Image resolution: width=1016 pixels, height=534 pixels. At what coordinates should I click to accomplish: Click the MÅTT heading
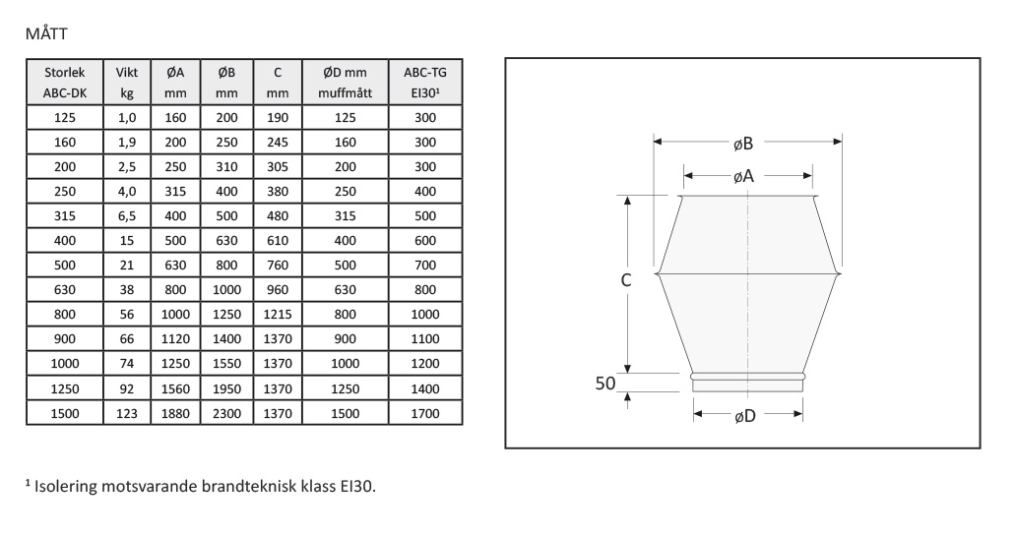[46, 33]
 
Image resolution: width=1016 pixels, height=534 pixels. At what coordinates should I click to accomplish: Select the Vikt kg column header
[127, 83]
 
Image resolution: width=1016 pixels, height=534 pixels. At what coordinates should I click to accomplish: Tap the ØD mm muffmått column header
[346, 83]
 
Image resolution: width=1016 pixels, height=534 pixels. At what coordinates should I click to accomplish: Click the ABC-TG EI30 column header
[425, 83]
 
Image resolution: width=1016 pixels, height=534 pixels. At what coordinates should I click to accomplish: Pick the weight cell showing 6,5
[127, 215]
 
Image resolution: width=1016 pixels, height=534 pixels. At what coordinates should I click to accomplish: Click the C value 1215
[278, 314]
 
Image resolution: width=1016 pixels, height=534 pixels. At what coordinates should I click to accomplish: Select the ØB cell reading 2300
[226, 413]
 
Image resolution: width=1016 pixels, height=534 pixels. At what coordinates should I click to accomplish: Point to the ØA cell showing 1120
[175, 338]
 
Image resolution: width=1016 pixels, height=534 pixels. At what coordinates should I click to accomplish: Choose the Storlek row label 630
[65, 289]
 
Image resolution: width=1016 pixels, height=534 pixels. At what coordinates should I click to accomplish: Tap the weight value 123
[127, 413]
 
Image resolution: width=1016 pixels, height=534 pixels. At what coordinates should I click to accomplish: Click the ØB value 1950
[226, 388]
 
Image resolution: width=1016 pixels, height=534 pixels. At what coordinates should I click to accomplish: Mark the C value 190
[278, 117]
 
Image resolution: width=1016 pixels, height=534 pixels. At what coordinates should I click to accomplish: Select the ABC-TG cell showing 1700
[425, 413]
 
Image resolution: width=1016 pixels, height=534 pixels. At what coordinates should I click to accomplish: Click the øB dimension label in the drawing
[743, 144]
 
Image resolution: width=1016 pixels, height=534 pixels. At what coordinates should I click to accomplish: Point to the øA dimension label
[744, 176]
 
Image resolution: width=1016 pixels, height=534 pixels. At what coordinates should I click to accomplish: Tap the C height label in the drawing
[626, 280]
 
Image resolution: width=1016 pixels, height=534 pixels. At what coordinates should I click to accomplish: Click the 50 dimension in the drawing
[605, 384]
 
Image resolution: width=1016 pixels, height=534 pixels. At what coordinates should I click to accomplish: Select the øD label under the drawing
[745, 416]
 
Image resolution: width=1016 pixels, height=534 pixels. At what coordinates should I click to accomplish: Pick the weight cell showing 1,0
[127, 117]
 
